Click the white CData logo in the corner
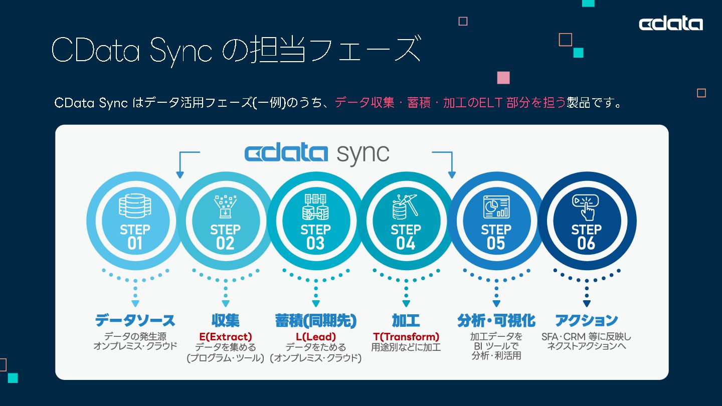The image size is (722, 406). [x=670, y=24]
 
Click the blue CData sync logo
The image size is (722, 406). [x=316, y=153]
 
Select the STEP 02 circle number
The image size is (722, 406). [x=225, y=244]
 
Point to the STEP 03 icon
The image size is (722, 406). [x=315, y=207]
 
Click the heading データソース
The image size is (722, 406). [x=135, y=320]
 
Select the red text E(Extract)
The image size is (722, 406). [x=225, y=336]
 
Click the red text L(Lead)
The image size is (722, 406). [x=315, y=336]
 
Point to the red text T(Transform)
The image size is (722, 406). [x=406, y=336]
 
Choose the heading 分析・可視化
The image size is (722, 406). [x=496, y=320]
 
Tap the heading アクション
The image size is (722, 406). [x=586, y=320]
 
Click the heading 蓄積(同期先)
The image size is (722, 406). [x=315, y=320]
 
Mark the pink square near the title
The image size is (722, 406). [x=503, y=78]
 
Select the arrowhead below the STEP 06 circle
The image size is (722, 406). [x=586, y=303]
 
